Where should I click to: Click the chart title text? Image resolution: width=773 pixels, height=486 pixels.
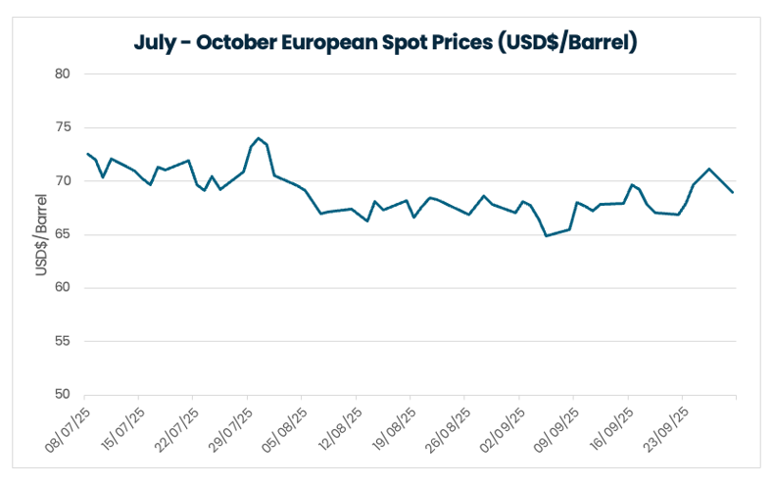tap(386, 43)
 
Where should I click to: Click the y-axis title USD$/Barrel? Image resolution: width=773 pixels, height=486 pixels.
tap(42, 234)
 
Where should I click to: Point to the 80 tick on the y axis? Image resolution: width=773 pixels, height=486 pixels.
tap(64, 74)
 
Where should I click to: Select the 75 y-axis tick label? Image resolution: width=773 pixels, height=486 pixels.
tap(64, 127)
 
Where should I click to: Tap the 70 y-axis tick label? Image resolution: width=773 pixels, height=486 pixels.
tap(64, 181)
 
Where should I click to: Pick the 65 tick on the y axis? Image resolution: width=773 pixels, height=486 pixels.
tap(64, 235)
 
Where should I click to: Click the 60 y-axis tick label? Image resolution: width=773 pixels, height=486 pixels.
tap(64, 288)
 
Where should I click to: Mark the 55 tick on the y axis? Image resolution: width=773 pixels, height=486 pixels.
tap(64, 342)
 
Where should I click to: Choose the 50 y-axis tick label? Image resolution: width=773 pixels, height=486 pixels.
tap(64, 395)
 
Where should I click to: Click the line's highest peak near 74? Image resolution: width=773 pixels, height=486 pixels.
tap(258, 138)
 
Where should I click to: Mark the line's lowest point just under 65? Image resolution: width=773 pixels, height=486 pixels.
tap(546, 236)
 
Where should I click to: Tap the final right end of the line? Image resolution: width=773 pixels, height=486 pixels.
tap(733, 192)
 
